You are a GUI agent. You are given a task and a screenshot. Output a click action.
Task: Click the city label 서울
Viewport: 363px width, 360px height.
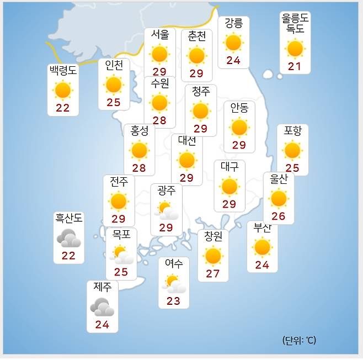pos(159,34)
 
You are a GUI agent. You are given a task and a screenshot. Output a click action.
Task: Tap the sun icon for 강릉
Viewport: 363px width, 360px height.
pos(233,43)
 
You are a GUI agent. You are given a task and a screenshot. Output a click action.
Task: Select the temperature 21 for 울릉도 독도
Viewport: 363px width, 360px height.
pos(295,67)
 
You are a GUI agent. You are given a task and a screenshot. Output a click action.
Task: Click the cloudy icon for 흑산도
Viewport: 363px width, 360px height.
pos(69,238)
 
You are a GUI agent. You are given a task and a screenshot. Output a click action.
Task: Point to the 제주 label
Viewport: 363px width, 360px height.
pos(102,287)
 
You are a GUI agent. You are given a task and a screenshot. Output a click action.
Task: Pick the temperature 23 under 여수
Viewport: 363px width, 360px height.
pos(173,301)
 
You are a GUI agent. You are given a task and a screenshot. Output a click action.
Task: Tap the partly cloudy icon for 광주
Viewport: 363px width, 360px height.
pos(166,210)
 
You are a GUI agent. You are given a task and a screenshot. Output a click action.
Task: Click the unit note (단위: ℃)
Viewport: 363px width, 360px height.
pos(298,340)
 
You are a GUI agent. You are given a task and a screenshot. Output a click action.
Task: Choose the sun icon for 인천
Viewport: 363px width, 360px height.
pos(114,85)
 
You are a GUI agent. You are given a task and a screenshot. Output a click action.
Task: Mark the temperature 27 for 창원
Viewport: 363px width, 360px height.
pos(213,273)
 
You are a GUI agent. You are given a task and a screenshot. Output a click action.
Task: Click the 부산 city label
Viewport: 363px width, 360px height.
pos(262,227)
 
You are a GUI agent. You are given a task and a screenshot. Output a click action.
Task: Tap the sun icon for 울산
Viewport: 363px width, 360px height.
pos(279,198)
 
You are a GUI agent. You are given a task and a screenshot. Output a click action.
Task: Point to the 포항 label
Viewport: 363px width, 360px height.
pos(292,131)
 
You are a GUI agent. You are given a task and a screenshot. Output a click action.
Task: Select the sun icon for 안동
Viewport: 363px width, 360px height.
pos(239,128)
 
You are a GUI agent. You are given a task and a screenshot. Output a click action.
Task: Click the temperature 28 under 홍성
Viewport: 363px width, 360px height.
pos(139,168)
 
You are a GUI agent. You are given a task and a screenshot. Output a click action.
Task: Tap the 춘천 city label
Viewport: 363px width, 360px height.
pos(196,36)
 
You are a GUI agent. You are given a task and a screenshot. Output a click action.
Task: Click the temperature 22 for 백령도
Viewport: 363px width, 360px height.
pos(62,108)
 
